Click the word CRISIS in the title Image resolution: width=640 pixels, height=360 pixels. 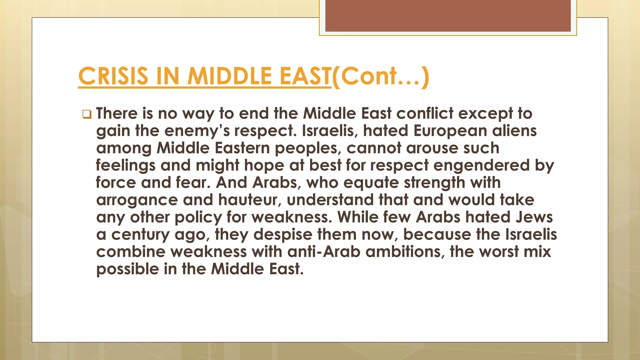pyautogui.click(x=113, y=76)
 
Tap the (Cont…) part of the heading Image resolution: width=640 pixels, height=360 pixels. pyautogui.click(x=380, y=76)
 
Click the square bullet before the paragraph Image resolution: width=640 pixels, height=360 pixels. pyautogui.click(x=87, y=114)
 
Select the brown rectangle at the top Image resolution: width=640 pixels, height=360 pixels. pyautogui.click(x=448, y=16)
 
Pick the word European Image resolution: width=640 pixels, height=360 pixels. pyautogui.click(x=450, y=131)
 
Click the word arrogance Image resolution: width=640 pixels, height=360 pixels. pyautogui.click(x=137, y=200)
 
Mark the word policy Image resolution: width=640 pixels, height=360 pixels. pyautogui.click(x=198, y=217)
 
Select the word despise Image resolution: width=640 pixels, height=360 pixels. pyautogui.click(x=283, y=235)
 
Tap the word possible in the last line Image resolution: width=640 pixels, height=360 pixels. pyautogui.click(x=127, y=269)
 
